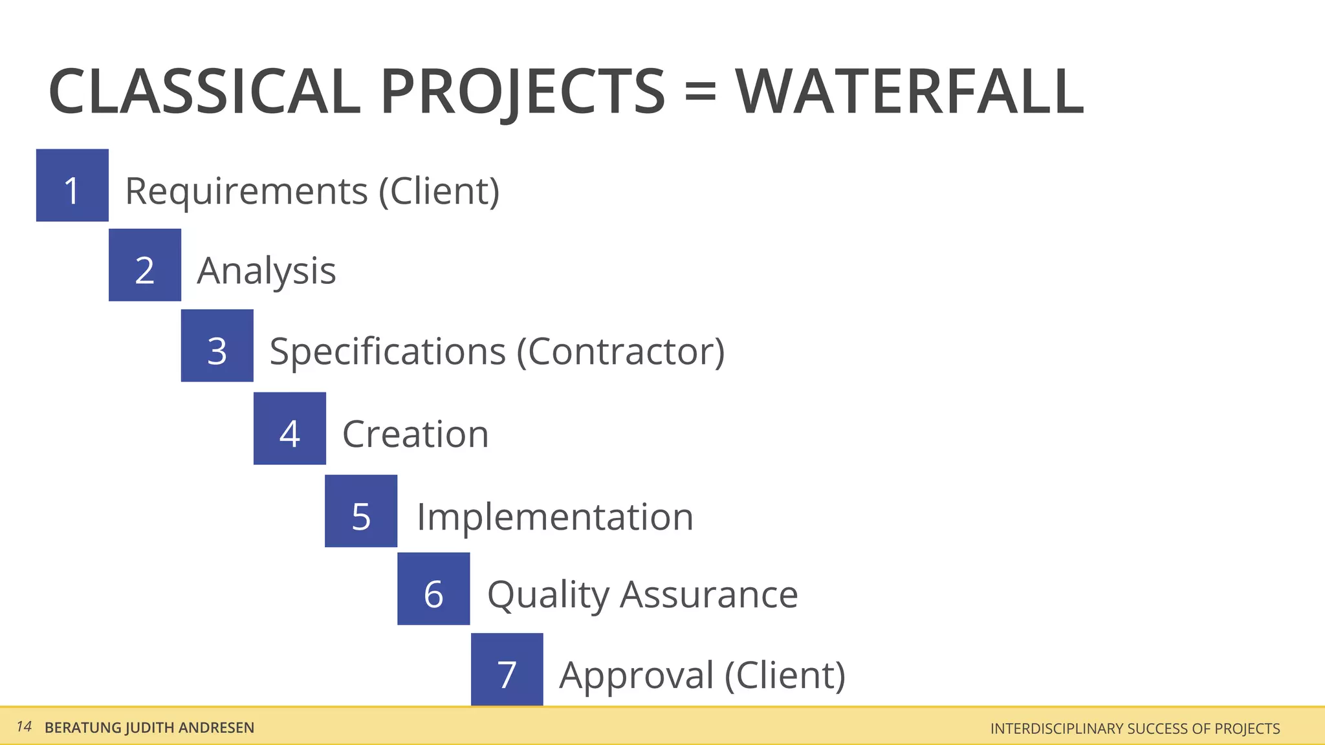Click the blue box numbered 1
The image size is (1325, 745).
tap(72, 186)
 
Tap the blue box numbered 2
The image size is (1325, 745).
tap(145, 265)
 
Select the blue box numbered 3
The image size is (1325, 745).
tap(217, 346)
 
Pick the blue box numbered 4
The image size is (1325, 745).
tap(290, 429)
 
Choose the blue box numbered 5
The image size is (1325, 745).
tap(361, 511)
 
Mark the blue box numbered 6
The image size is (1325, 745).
tap(433, 589)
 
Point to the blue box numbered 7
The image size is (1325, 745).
tap(507, 669)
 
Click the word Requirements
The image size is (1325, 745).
tap(246, 191)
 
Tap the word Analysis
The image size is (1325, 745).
tap(267, 272)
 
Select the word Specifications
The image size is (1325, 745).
tap(388, 352)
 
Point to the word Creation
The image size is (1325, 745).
tap(415, 434)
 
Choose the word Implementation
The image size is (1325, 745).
tap(555, 517)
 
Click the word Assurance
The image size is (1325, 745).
tap(708, 594)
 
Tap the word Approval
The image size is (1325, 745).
tap(637, 676)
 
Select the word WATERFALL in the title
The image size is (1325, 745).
tap(909, 92)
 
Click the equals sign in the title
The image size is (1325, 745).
tap(700, 91)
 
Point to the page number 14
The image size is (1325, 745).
tap(24, 727)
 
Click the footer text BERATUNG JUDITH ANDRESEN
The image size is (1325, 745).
tap(149, 728)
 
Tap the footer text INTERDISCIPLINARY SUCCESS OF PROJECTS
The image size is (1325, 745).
tap(1135, 729)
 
